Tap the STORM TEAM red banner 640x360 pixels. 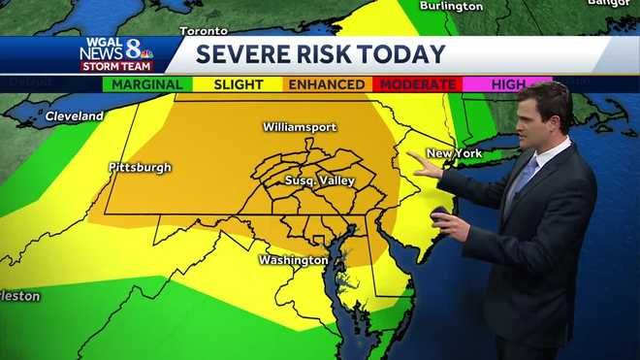(x=116, y=67)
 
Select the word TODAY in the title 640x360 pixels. (x=406, y=53)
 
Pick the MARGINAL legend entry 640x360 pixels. (x=147, y=84)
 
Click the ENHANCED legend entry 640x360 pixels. (x=327, y=84)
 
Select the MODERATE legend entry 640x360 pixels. (x=417, y=84)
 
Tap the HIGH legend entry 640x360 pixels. (x=507, y=84)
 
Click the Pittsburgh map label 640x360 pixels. (x=140, y=167)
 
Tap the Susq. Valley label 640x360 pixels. (x=320, y=180)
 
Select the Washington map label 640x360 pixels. (x=293, y=260)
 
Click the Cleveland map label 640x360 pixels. (x=74, y=116)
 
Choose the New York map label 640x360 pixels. (x=455, y=153)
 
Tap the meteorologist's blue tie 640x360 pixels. (x=524, y=179)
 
